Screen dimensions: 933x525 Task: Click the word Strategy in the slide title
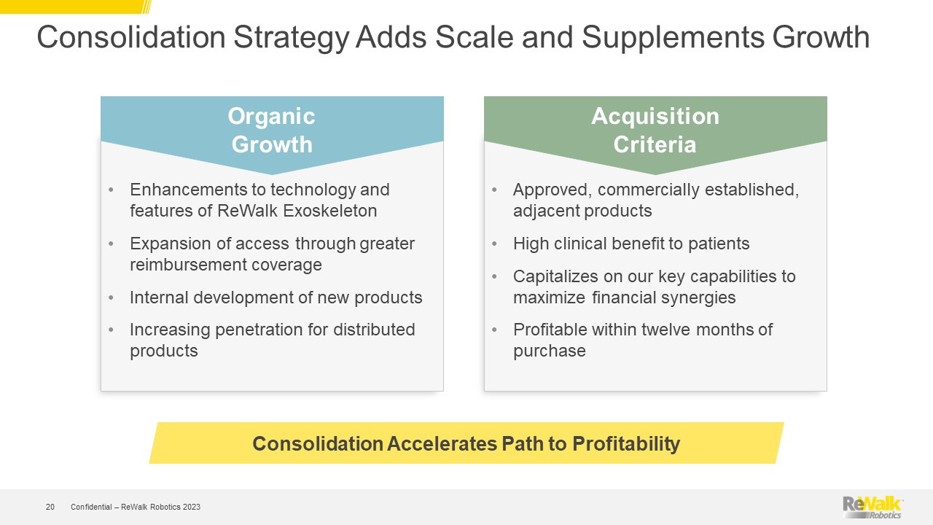tap(291, 38)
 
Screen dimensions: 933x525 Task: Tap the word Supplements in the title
tap(673, 38)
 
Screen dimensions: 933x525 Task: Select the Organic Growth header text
tap(272, 130)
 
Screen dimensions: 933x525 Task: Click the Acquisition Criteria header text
tap(655, 130)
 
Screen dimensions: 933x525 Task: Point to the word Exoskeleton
tap(330, 211)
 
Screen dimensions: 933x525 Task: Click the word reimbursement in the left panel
tap(184, 265)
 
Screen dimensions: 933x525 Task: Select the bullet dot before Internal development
tap(111, 298)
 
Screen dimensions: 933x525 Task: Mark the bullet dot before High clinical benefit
tap(494, 244)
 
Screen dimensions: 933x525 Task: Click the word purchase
tap(550, 351)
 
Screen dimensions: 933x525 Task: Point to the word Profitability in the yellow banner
tap(626, 444)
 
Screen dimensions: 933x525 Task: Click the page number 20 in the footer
tap(50, 507)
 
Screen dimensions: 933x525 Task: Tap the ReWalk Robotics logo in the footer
tap(873, 507)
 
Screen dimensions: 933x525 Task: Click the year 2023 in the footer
tap(191, 507)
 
